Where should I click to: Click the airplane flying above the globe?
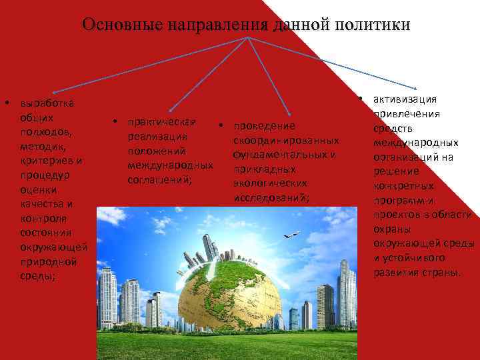point(291,235)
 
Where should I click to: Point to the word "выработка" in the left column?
point(48,103)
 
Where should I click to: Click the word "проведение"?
point(264,127)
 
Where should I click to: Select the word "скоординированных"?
point(287,141)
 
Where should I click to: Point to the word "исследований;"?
point(271,198)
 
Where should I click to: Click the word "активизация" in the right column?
point(405,99)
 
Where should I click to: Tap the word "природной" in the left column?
point(48,261)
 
